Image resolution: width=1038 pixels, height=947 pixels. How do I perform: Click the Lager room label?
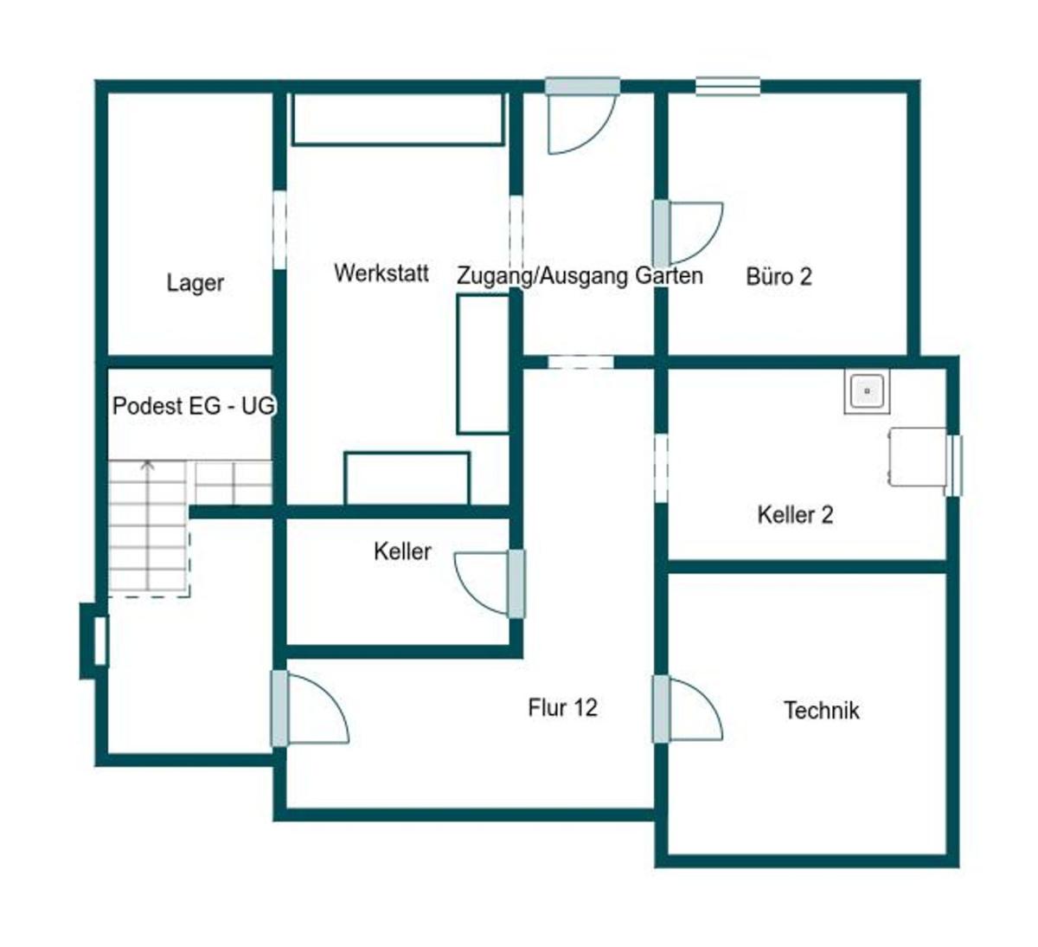click(x=195, y=283)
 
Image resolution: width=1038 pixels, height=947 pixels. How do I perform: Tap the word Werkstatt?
click(x=381, y=273)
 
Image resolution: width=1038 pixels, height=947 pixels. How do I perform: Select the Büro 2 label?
click(x=778, y=277)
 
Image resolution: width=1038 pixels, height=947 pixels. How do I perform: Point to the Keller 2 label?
click(x=795, y=515)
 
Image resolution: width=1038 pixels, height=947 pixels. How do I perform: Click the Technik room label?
click(x=822, y=710)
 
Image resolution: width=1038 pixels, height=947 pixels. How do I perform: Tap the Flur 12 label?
click(x=562, y=708)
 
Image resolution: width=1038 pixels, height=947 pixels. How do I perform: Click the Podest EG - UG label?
click(x=194, y=406)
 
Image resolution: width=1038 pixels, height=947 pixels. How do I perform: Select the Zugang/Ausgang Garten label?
click(x=580, y=275)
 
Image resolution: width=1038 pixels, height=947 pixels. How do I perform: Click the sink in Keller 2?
click(x=867, y=391)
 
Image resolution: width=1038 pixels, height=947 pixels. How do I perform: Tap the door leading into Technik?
click(x=688, y=709)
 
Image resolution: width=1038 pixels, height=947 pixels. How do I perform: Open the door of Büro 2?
click(x=688, y=233)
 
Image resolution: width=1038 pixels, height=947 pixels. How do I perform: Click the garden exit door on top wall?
click(x=583, y=116)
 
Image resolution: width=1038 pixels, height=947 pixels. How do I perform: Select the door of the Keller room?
click(x=490, y=583)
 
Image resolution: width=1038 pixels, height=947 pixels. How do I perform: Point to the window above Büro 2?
click(x=727, y=86)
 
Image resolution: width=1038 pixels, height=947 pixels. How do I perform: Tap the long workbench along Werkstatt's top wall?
click(x=398, y=119)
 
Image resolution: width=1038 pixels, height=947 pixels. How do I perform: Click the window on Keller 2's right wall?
click(x=953, y=466)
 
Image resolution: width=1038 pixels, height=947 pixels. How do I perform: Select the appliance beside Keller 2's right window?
click(x=918, y=457)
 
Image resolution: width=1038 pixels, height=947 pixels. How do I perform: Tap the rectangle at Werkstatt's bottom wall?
click(x=407, y=478)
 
